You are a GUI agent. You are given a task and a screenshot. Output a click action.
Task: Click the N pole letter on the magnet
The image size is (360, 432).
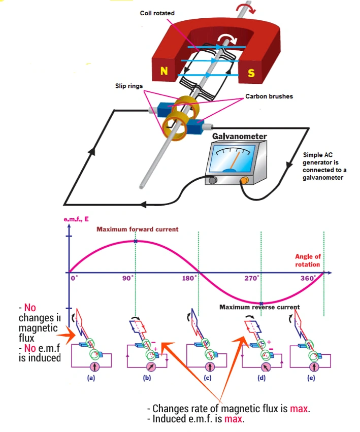tap(163, 72)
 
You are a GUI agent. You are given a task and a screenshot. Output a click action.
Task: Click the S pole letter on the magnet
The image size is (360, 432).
tap(251, 73)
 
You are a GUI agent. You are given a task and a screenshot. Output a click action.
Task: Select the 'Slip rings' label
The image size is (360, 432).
tap(128, 86)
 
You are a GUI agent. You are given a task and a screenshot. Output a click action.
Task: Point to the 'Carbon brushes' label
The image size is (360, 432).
tap(269, 96)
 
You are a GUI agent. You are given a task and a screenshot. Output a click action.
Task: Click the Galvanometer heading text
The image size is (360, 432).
tap(239, 136)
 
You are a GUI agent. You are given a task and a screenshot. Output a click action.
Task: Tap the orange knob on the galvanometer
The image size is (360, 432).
tap(244, 180)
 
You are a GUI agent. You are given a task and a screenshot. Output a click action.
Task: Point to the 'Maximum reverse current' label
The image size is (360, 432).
tap(259, 307)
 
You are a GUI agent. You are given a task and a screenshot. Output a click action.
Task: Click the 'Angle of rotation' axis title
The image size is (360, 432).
tap(307, 260)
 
